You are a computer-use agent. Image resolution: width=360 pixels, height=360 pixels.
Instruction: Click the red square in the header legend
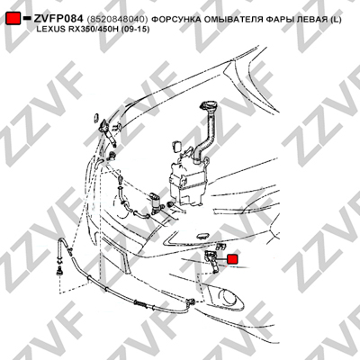pyautogui.click(x=13, y=19)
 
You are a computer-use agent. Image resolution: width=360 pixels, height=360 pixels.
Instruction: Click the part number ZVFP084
pyautogui.click(x=58, y=19)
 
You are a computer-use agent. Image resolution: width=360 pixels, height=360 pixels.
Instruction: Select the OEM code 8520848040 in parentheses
pyautogui.click(x=117, y=20)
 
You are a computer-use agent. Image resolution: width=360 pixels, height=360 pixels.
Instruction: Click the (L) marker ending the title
pyautogui.click(x=336, y=20)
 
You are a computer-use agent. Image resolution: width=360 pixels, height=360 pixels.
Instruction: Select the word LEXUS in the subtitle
pyautogui.click(x=49, y=30)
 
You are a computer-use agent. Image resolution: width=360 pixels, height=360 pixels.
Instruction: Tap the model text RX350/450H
pyautogui.click(x=91, y=30)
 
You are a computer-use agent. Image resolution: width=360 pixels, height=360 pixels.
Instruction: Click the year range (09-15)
pyautogui.click(x=135, y=30)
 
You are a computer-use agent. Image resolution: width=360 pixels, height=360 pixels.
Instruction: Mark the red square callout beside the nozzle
pyautogui.click(x=232, y=259)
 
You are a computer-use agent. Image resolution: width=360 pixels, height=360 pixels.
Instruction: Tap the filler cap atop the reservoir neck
pyautogui.click(x=207, y=107)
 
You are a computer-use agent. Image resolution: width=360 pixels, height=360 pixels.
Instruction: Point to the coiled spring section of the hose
pyautogui.click(x=141, y=304)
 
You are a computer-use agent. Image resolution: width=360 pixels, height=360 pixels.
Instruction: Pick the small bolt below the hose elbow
pyautogui.click(x=59, y=272)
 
